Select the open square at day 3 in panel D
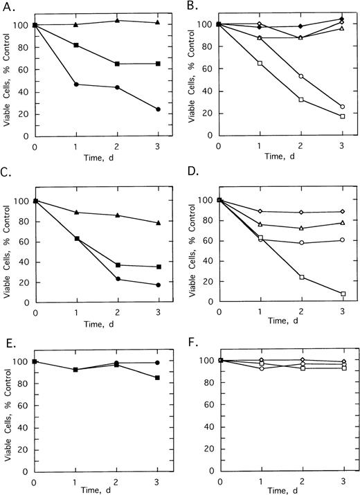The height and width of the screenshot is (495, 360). coord(343,294)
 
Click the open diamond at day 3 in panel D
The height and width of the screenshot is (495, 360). coord(343,212)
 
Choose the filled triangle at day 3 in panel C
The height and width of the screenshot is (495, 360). coord(158,223)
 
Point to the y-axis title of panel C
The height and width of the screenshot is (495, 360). coord(8,249)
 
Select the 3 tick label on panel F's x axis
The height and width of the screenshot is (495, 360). coord(343,480)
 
